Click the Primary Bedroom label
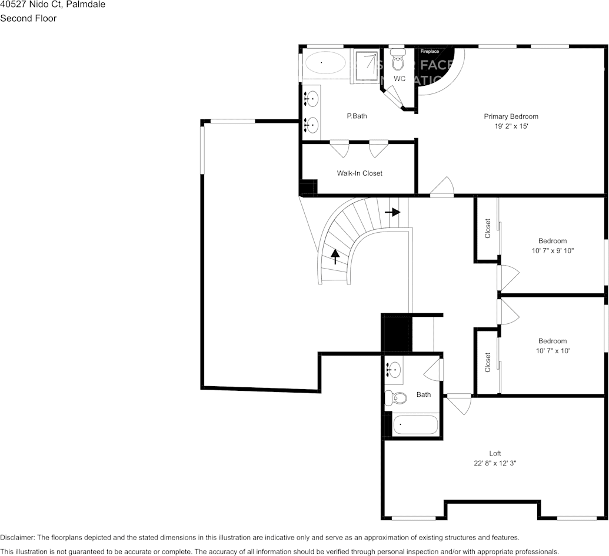point(511,116)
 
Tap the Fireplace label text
point(429,52)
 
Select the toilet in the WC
point(398,61)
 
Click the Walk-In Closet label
point(359,173)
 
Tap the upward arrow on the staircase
point(335,256)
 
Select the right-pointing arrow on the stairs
point(392,212)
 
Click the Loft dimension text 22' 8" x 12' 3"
point(495,463)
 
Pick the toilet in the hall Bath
point(396,398)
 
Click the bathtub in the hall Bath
point(415,424)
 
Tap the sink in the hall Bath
point(394,370)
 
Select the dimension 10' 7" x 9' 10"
point(552,250)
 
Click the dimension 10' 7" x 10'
point(552,351)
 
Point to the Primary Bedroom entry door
point(442,188)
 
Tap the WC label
point(399,79)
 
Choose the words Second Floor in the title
point(28,18)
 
